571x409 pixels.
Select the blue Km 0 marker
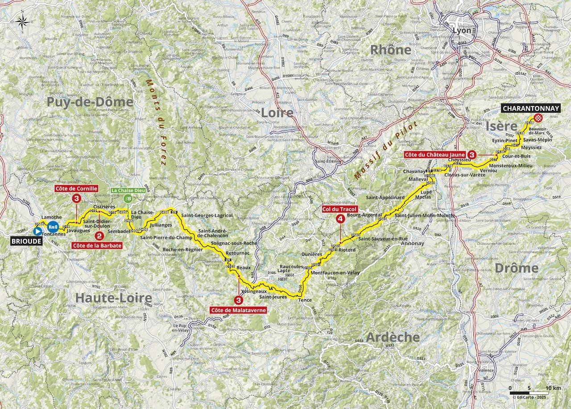click(x=53, y=227)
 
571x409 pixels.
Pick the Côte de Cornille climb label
click(x=76, y=189)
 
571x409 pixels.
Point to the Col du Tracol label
click(x=340, y=209)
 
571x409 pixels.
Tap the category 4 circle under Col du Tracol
click(x=340, y=219)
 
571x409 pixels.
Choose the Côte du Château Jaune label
click(x=434, y=154)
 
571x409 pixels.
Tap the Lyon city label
click(x=462, y=31)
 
